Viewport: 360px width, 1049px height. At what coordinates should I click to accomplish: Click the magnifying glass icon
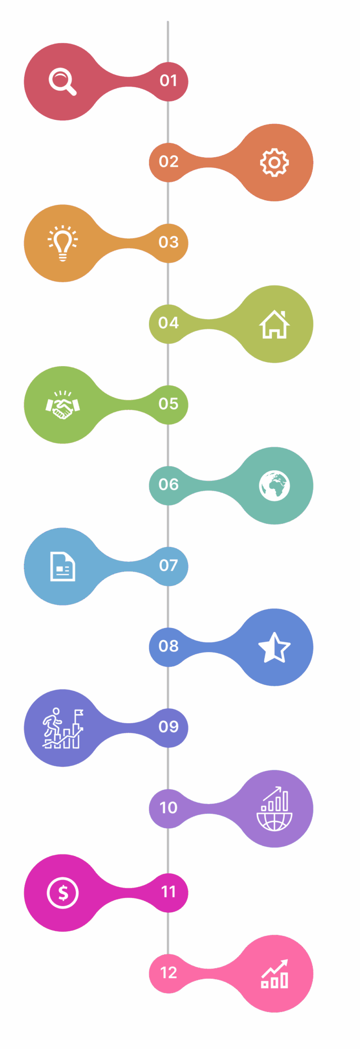pos(61,82)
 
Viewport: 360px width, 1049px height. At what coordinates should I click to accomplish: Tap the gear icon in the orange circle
pos(274,163)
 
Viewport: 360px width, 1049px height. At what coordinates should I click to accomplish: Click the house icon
pos(274,324)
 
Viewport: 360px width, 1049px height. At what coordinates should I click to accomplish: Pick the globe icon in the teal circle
pos(274,486)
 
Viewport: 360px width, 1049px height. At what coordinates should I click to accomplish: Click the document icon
pos(62,567)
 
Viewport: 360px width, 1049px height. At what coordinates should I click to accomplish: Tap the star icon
pos(274,647)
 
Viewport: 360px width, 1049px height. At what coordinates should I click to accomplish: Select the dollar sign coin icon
pos(62,893)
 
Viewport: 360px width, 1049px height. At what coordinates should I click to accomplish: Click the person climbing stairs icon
pos(62,728)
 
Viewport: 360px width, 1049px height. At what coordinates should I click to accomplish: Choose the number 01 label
pos(168,80)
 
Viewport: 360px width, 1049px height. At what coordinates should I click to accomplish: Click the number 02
pos(168,161)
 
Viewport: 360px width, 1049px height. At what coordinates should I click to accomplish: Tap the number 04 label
pos(168,323)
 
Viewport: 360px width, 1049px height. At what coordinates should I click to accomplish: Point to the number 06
pos(168,484)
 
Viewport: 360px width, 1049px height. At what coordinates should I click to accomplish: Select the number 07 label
pos(168,565)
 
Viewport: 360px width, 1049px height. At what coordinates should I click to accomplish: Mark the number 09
pos(168,726)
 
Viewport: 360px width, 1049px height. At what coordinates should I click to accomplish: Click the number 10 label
pos(168,807)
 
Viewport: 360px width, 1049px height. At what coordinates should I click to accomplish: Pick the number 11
pos(168,892)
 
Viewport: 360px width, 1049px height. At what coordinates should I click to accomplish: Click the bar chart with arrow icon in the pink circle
pos(274,974)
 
